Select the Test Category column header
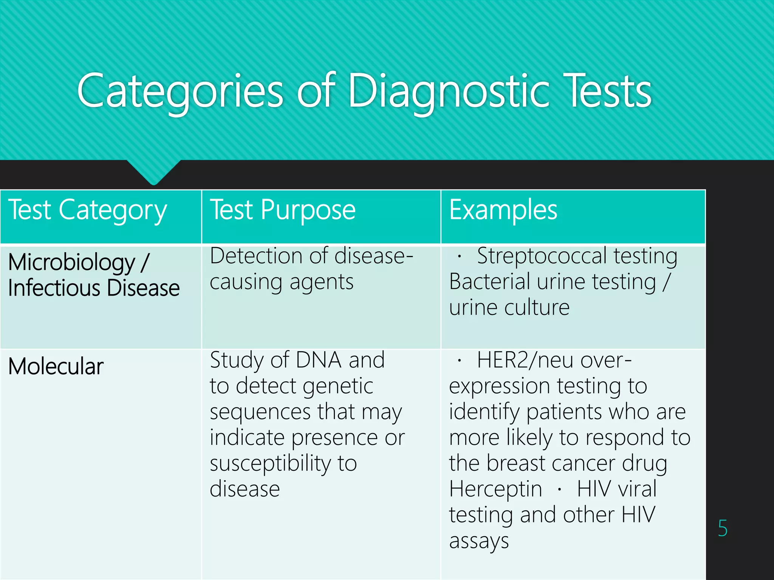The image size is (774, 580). tap(87, 210)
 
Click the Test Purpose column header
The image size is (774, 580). tap(283, 210)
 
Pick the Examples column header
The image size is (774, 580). tap(503, 210)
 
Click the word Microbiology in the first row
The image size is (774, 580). tap(71, 262)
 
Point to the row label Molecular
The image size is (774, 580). tap(56, 366)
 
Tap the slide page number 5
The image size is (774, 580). tap(723, 528)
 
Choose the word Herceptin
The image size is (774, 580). tap(495, 489)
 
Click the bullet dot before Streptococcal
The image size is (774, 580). tap(459, 257)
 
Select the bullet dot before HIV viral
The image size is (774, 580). tap(559, 490)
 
